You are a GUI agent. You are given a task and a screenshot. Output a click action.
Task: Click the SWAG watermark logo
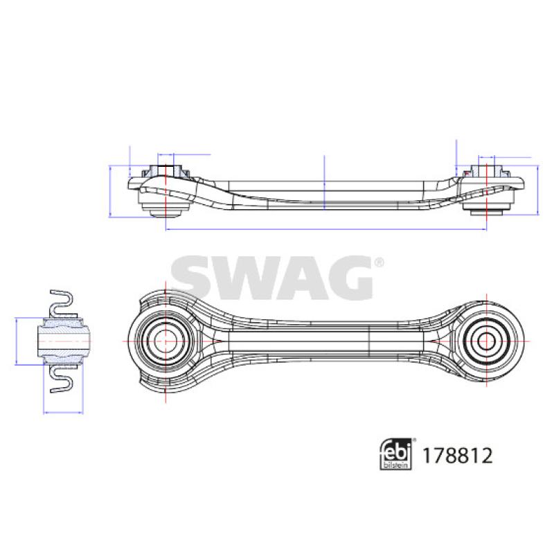coord(271,278)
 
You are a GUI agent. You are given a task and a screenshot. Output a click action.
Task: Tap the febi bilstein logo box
coord(395,454)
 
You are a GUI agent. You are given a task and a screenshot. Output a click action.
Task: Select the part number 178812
coord(457,456)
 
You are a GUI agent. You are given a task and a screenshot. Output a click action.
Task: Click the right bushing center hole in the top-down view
coord(486,341)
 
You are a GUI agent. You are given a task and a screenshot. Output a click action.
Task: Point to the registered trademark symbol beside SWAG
coord(379,262)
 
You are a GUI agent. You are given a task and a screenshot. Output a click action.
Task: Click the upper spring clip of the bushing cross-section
coord(62,303)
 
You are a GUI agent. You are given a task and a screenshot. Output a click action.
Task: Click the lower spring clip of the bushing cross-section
coord(62,379)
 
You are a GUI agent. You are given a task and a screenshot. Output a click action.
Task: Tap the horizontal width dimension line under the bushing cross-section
coord(63,412)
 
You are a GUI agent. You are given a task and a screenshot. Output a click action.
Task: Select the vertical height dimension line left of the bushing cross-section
coord(16,341)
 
